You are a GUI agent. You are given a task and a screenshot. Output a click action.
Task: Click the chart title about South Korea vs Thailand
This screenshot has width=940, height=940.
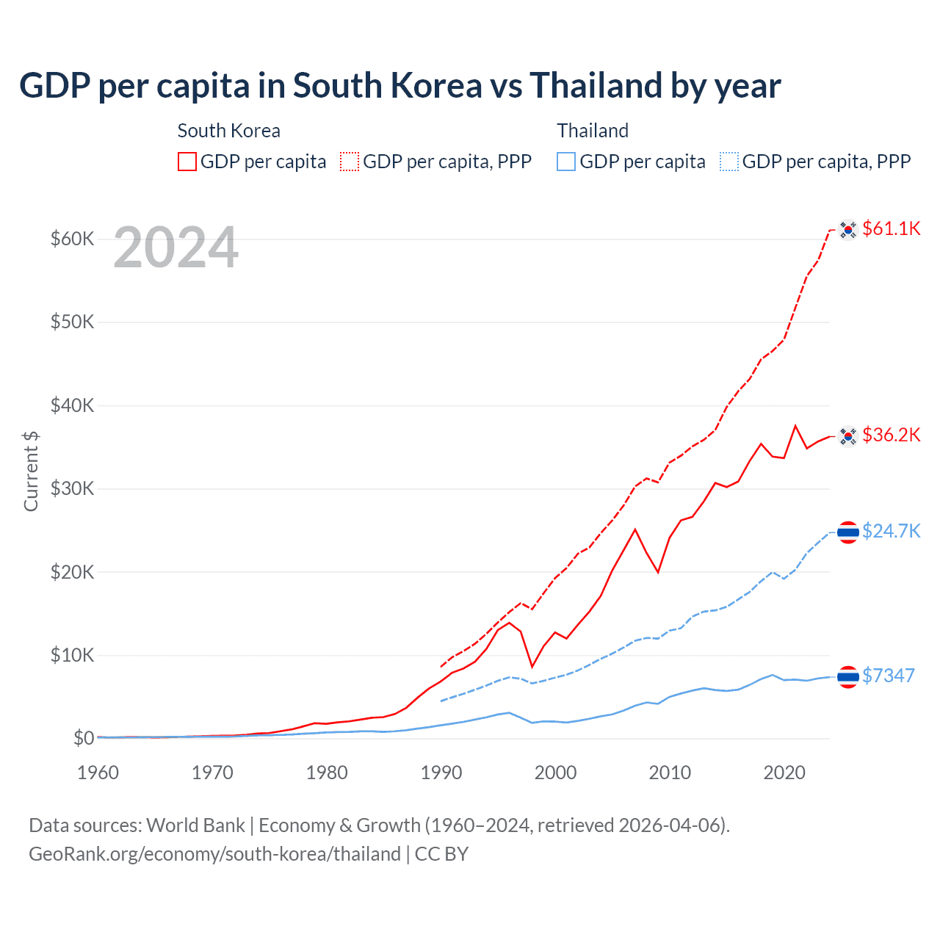399,86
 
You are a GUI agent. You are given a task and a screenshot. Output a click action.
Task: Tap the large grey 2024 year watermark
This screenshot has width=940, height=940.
176,248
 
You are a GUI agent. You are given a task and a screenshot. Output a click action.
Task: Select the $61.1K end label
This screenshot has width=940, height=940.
891,228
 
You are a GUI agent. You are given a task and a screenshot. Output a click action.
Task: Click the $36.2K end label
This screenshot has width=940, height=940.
891,435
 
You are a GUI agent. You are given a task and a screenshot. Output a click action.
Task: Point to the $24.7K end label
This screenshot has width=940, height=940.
891,531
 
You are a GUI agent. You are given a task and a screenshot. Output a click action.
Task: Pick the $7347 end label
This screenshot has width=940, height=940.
888,676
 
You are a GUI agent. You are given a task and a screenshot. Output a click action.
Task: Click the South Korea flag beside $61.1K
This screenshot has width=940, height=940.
848,230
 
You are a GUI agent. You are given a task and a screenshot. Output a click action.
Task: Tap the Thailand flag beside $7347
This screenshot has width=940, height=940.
848,676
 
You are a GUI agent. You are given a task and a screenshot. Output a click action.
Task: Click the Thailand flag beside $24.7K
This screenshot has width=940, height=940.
848,532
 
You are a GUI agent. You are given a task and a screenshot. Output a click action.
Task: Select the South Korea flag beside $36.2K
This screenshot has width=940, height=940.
848,436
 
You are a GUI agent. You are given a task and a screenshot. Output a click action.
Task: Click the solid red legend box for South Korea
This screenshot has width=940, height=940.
187,162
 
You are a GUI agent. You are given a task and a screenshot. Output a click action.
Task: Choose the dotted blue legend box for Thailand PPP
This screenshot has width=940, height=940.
729,162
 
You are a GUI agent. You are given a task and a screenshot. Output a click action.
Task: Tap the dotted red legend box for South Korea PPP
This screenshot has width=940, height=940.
350,162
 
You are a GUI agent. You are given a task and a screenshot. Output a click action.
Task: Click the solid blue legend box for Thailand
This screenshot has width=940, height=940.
566,162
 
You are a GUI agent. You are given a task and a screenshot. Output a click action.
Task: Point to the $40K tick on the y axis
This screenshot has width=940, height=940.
72,405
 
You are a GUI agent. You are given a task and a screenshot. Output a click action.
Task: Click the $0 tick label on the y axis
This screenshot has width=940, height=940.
84,738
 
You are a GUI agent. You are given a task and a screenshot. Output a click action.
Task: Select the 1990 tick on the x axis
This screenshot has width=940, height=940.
441,773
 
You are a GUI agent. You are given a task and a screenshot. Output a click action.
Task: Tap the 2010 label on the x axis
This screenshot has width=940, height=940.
670,773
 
